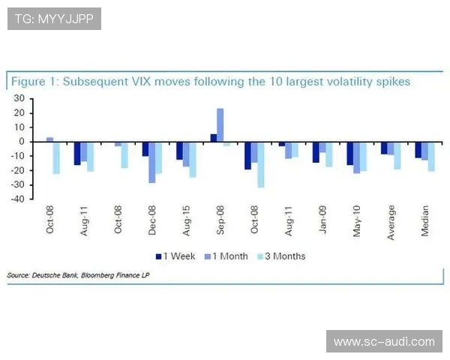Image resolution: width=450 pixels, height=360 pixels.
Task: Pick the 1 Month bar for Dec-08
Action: [152, 162]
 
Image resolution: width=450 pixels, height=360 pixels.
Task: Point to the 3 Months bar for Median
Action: [431, 156]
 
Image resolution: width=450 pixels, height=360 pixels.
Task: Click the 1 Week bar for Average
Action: [384, 148]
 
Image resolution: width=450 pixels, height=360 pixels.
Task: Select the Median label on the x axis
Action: [424, 222]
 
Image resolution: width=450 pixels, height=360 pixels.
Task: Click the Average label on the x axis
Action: [391, 222]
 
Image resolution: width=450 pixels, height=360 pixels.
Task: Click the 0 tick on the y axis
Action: [21, 142]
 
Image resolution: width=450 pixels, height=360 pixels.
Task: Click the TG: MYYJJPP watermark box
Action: [53, 18]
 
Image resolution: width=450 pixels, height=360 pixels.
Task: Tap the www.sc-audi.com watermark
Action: [383, 342]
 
